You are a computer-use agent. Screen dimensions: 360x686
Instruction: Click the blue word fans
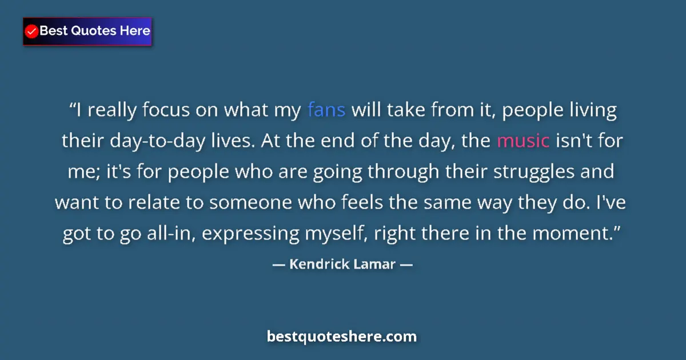pyautogui.click(x=326, y=110)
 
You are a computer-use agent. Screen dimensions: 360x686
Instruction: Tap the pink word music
pyautogui.click(x=523, y=141)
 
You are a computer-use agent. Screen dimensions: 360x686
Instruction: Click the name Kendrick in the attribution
pyautogui.click(x=317, y=265)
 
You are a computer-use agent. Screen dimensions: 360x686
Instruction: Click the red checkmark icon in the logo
pyautogui.click(x=32, y=31)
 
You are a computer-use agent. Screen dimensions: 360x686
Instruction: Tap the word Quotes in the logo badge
pyautogui.click(x=94, y=31)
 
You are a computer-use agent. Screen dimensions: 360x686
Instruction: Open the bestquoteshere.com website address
pyautogui.click(x=342, y=337)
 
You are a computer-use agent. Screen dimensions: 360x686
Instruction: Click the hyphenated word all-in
pyautogui.click(x=170, y=233)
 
